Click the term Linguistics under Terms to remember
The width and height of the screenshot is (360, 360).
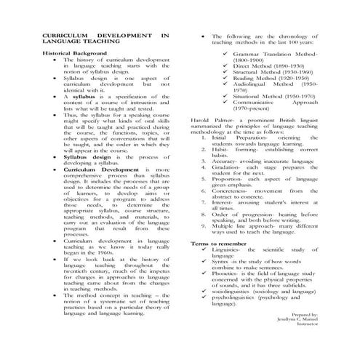pos(228,249)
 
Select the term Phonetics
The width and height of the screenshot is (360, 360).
pos(226,273)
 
